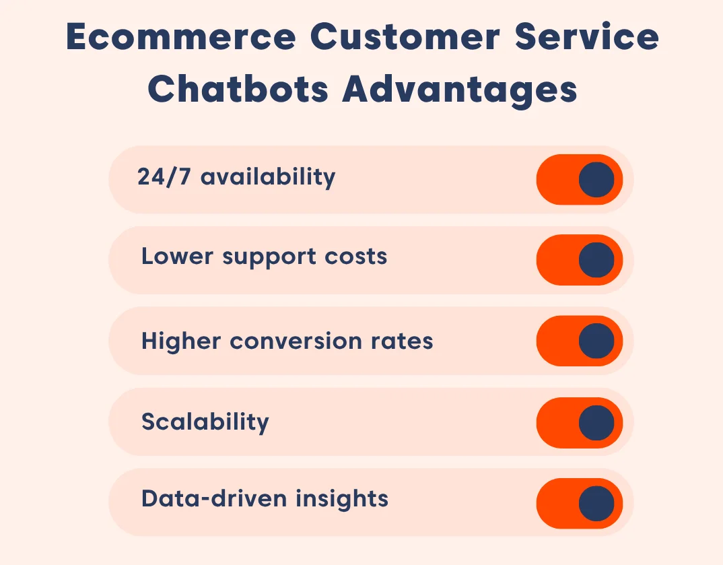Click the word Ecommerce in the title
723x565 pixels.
pyautogui.click(x=180, y=38)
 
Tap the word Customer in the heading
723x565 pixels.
pyautogui.click(x=401, y=38)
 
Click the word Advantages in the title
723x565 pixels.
pyautogui.click(x=460, y=90)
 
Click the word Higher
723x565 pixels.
pyautogui.click(x=181, y=341)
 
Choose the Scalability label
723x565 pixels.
pyautogui.click(x=205, y=422)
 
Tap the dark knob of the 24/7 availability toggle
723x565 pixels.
pyautogui.click(x=596, y=180)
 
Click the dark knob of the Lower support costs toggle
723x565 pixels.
pyautogui.click(x=596, y=260)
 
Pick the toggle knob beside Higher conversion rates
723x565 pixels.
pyautogui.click(x=596, y=341)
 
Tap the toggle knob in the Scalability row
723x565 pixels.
pyautogui.click(x=596, y=423)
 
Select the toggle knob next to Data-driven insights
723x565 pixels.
pyautogui.click(x=596, y=504)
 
